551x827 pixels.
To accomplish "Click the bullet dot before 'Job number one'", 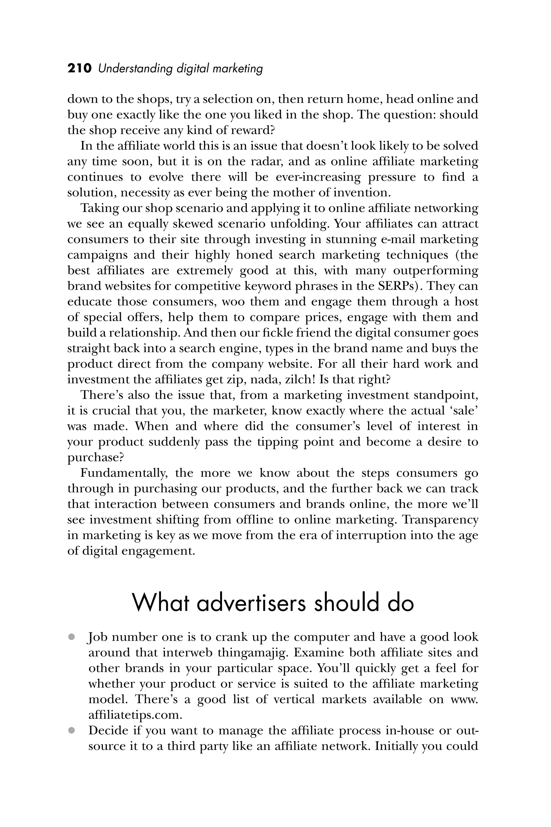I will point(72,637).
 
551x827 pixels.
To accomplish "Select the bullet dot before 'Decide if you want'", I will point(72,730).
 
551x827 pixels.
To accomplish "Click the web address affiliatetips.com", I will point(135,715).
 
